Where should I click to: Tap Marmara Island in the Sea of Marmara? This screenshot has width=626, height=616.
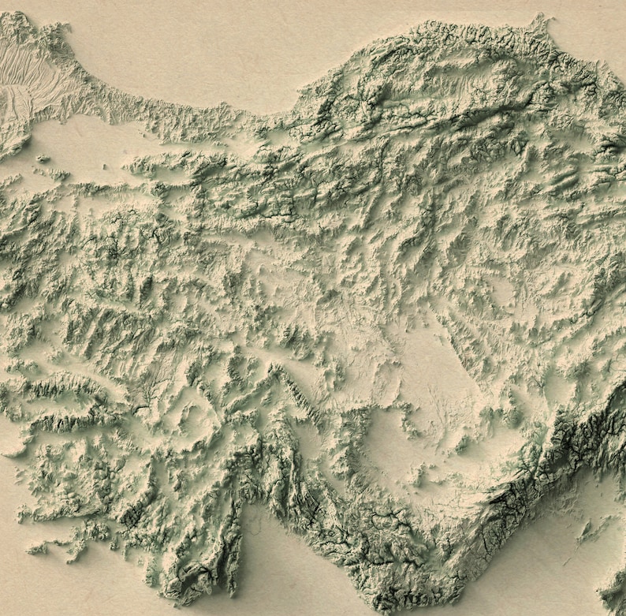43,159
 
